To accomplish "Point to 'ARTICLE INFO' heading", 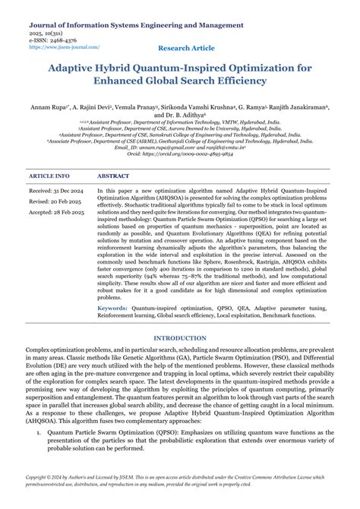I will pos(49,175).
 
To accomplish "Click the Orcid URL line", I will pos(180,153).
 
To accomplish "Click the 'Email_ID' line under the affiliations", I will pos(180,147).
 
